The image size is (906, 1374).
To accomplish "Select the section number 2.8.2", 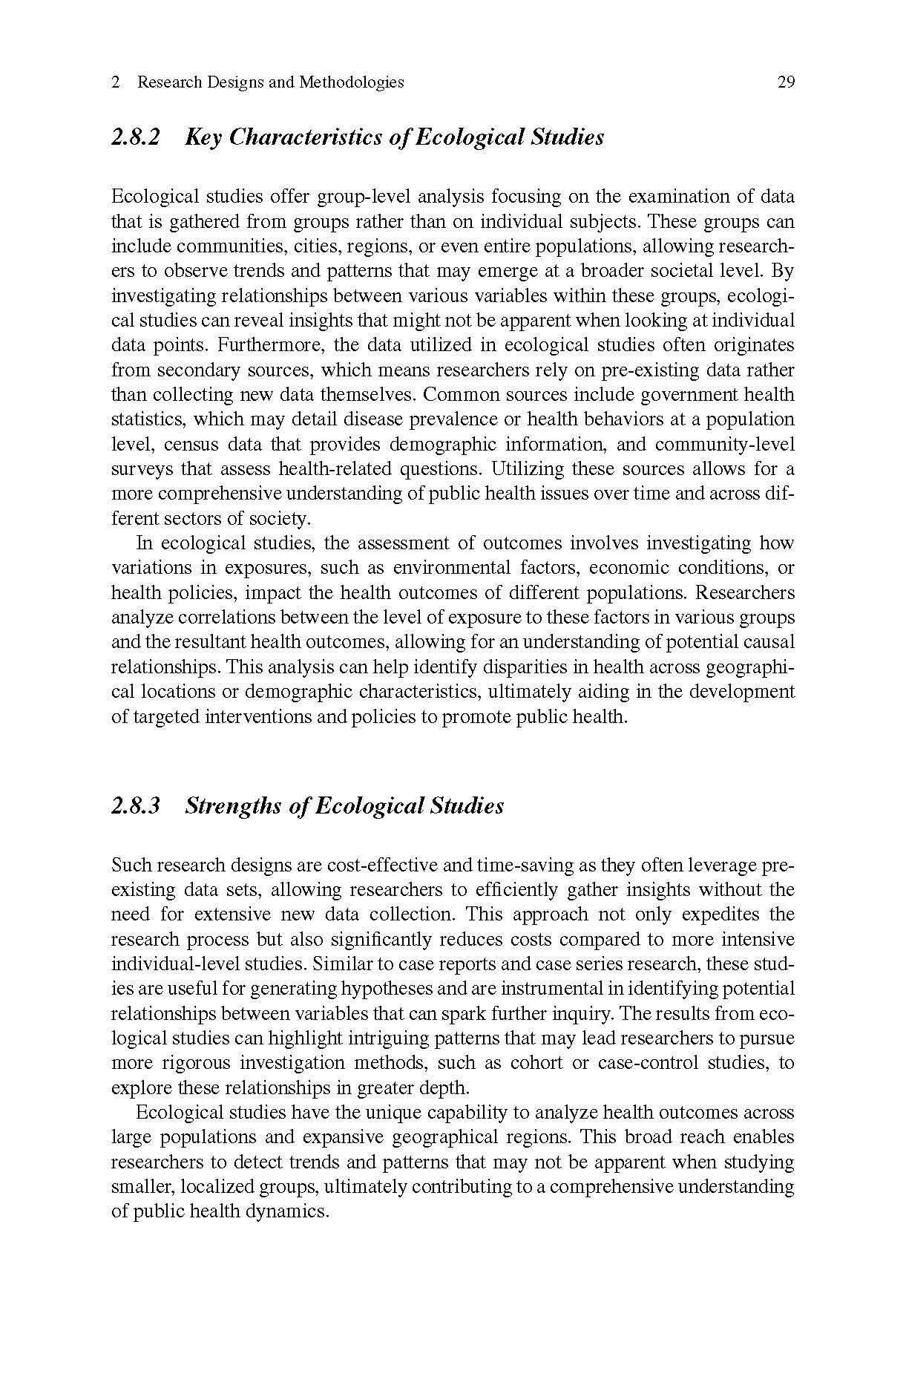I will (x=136, y=137).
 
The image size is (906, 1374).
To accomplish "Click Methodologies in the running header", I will (x=351, y=82).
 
